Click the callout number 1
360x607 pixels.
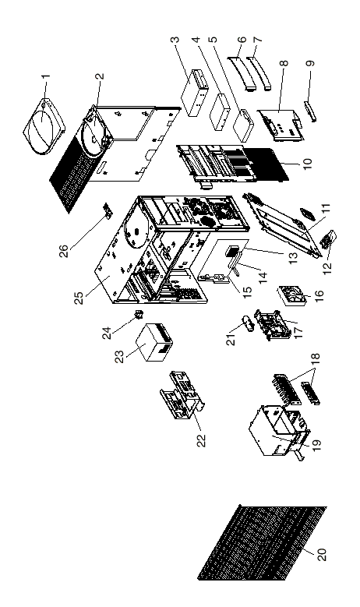coord(46,76)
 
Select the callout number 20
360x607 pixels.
coord(322,554)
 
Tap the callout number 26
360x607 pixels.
coord(64,250)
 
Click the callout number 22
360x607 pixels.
coord(201,440)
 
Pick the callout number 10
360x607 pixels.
coord(307,163)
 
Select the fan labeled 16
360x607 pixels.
coord(293,296)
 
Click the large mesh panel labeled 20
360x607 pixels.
coord(262,543)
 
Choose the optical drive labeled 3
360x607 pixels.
coord(194,93)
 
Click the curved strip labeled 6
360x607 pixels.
coord(241,72)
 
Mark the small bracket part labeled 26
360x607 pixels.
coord(107,210)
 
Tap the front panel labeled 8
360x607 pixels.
coord(280,124)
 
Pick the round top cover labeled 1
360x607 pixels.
coord(44,125)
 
